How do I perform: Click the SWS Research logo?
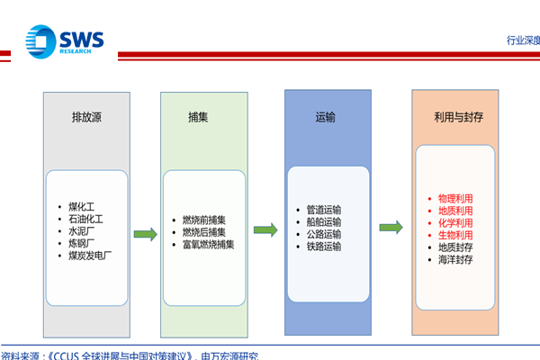(x=65, y=41)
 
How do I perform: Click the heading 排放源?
(x=86, y=118)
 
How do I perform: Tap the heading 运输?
(x=326, y=118)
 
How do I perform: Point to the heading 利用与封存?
(x=454, y=118)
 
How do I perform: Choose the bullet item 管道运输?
(x=324, y=210)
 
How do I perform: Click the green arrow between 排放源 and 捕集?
(x=146, y=235)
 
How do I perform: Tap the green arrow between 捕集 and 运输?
(x=265, y=229)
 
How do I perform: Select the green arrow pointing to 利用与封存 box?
(x=391, y=226)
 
